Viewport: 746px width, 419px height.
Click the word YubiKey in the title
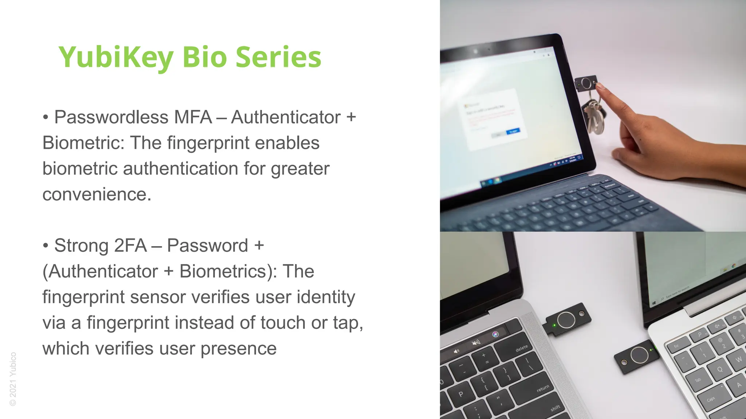tap(116, 57)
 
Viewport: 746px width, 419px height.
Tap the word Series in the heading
tap(278, 57)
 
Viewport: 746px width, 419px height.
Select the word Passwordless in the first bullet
tap(111, 117)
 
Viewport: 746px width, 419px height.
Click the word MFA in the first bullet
tap(193, 117)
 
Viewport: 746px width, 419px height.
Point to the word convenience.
tap(97, 195)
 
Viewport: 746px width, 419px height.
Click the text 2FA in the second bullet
tap(130, 246)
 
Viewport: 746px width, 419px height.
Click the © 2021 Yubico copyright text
tap(13, 379)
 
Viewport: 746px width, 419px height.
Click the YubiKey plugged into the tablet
tap(586, 84)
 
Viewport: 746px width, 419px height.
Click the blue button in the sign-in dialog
tap(513, 131)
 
